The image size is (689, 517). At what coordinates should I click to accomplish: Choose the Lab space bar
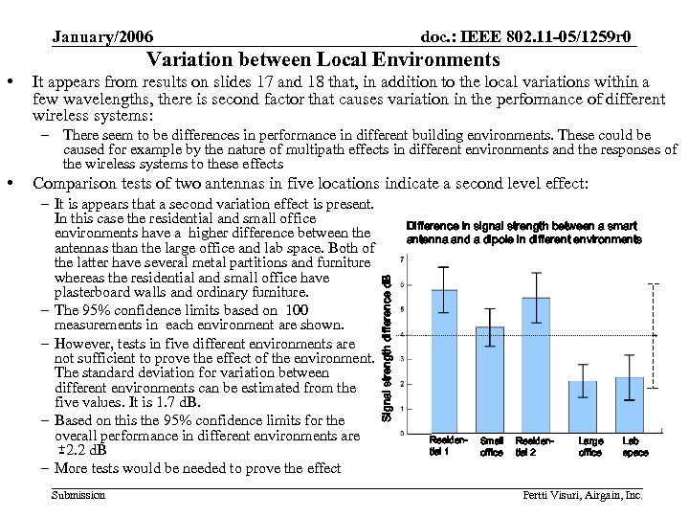point(630,405)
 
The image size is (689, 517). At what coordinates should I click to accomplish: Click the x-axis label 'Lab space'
point(634,447)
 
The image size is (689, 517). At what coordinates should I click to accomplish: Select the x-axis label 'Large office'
point(590,447)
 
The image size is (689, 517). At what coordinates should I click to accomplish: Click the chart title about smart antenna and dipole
point(523,232)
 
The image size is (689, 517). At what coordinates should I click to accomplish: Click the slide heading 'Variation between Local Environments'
point(323,59)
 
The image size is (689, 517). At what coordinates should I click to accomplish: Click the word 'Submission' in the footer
point(79,494)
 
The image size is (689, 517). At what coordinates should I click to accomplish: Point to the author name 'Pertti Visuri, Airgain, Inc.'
point(582,495)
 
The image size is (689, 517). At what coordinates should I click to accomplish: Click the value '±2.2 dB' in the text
point(81,450)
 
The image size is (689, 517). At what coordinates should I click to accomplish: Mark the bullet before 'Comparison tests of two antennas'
point(12,185)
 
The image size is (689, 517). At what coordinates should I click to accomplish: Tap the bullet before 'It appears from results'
point(12,83)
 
